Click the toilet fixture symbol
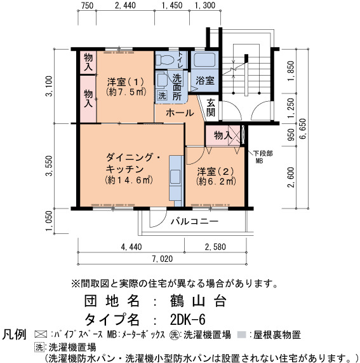pyautogui.click(x=164, y=60)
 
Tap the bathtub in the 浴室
pyautogui.click(x=204, y=60)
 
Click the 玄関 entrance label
pyautogui.click(x=211, y=107)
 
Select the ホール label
pyautogui.click(x=180, y=113)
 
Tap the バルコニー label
pyautogui.click(x=194, y=221)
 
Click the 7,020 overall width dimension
pyautogui.click(x=163, y=259)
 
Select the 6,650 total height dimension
pyautogui.click(x=302, y=128)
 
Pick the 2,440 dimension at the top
pyautogui.click(x=125, y=5)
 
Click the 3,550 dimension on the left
pyautogui.click(x=50, y=166)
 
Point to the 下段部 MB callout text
pyautogui.click(x=263, y=157)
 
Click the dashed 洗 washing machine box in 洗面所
pyautogui.click(x=162, y=95)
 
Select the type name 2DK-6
pyautogui.click(x=187, y=320)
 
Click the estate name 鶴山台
pyautogui.click(x=197, y=301)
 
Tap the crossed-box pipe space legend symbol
pyautogui.click(x=41, y=334)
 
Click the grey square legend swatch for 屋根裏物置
pyautogui.click(x=242, y=335)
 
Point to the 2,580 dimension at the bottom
pyautogui.click(x=215, y=247)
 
